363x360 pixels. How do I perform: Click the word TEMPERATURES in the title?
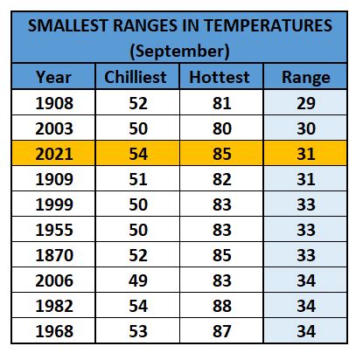[x=268, y=25]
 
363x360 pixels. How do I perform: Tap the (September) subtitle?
[x=179, y=52]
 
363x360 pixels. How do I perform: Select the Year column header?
[x=53, y=78]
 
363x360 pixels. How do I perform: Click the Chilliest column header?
[x=136, y=77]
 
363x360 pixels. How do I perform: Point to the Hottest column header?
[x=220, y=78]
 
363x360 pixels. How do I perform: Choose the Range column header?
[x=306, y=78]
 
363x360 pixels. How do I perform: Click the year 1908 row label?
[x=54, y=103]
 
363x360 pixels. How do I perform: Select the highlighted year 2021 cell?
[x=54, y=154]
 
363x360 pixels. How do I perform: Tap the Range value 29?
[x=306, y=103]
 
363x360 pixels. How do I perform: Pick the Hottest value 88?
[x=222, y=306]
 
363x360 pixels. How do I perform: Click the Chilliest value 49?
[x=138, y=280]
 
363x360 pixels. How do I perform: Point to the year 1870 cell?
[x=54, y=255]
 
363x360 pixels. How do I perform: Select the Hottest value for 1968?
[x=222, y=331]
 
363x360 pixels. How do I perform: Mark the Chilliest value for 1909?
[x=138, y=179]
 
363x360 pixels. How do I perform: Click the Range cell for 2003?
[x=306, y=128]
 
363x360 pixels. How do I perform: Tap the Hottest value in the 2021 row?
[x=222, y=154]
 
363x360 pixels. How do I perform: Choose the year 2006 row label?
[x=54, y=280]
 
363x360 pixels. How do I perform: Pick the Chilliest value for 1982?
[x=138, y=306]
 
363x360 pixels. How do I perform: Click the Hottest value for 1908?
[x=222, y=103]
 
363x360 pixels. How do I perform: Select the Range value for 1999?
[x=306, y=204]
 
